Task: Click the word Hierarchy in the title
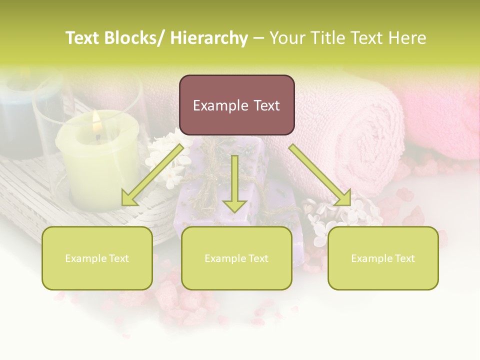pyautogui.click(x=209, y=38)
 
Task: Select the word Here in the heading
pyautogui.click(x=408, y=38)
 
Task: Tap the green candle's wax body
pyautogui.click(x=98, y=165)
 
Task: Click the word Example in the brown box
pyautogui.click(x=218, y=106)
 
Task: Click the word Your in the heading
pyautogui.click(x=287, y=38)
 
